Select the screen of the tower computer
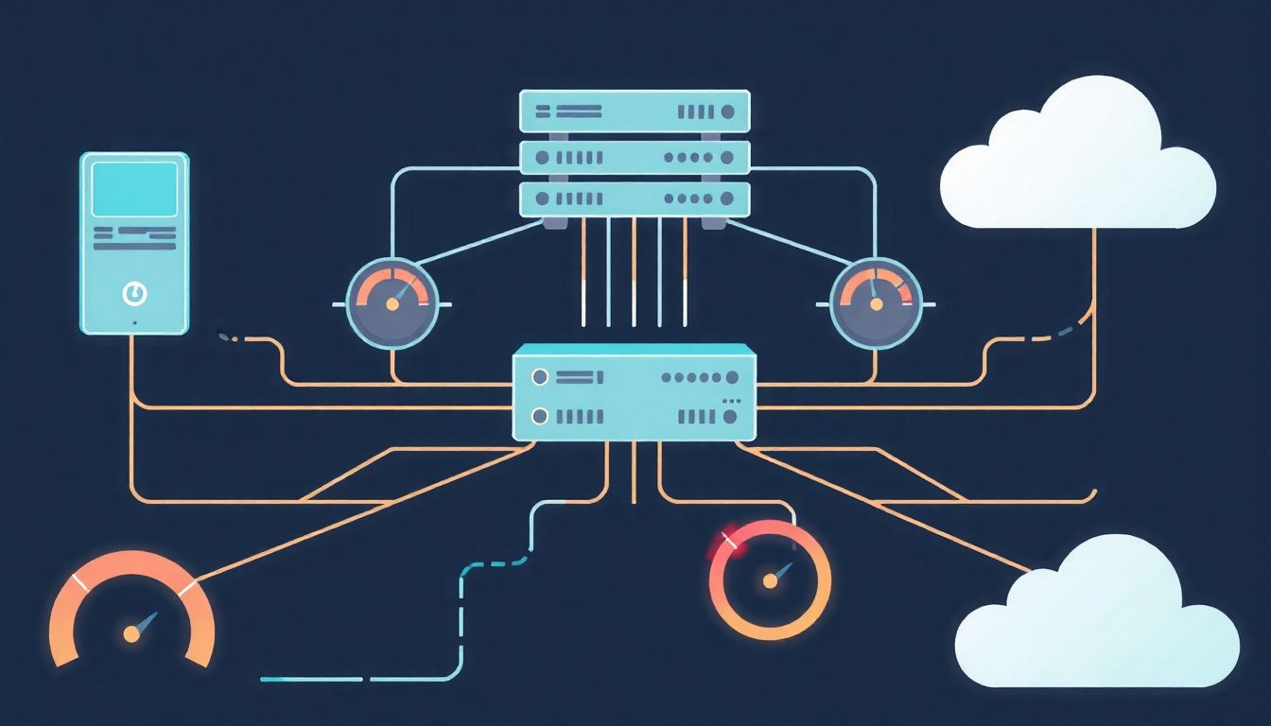[x=134, y=188]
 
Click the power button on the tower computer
[x=134, y=294]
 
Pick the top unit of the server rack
[x=635, y=112]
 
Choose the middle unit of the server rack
[x=635, y=157]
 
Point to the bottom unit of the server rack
[x=635, y=199]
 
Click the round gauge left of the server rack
[x=392, y=302]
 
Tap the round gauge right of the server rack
[x=876, y=302]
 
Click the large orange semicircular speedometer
[x=131, y=605]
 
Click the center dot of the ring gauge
[x=770, y=581]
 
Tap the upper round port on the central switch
[x=540, y=377]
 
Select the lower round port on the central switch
[x=540, y=415]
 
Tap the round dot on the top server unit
[x=728, y=112]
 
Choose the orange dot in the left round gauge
[x=392, y=304]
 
